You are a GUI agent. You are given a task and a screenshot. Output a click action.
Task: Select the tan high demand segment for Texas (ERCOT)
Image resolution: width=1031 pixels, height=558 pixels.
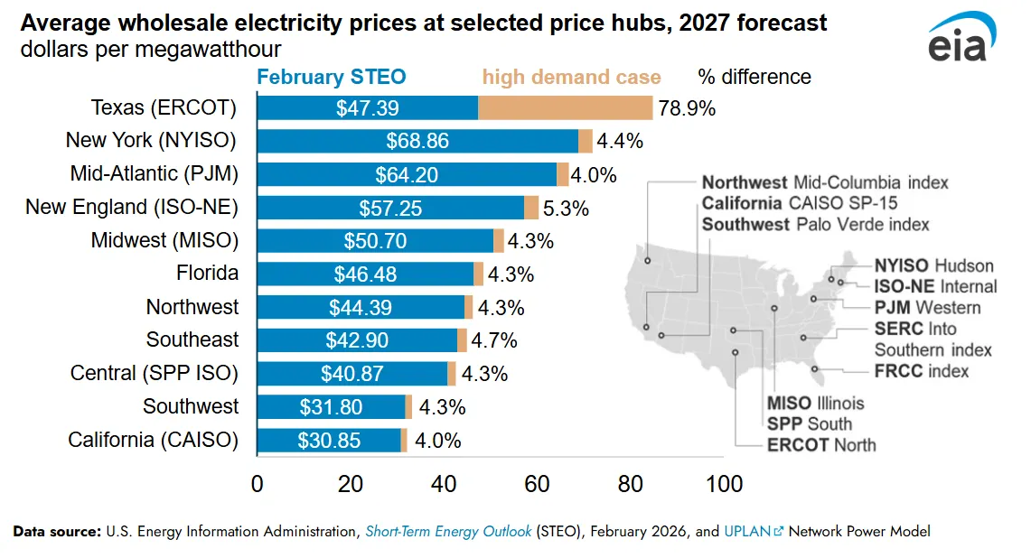565,108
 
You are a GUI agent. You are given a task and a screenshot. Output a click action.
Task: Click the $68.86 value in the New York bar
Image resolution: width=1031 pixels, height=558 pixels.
417,142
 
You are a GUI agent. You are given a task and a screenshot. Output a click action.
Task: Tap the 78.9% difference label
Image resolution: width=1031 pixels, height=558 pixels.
687,108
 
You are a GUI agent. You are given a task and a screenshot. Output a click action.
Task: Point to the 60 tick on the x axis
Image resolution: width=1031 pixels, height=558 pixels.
537,484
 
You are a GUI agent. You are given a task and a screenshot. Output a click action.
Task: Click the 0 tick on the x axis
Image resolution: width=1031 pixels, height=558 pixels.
258,484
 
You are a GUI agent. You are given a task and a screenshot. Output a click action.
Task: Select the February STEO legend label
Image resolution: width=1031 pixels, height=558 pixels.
332,77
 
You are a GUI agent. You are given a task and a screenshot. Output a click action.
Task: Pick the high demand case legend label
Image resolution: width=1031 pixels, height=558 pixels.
571,77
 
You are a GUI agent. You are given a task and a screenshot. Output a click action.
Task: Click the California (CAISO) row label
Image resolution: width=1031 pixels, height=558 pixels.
154,440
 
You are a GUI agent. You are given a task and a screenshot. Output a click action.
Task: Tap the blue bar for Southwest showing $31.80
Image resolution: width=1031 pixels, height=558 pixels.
331,407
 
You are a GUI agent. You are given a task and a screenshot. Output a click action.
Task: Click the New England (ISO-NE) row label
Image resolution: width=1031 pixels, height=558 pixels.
132,208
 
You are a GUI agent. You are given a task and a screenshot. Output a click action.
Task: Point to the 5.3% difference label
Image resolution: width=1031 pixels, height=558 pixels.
567,209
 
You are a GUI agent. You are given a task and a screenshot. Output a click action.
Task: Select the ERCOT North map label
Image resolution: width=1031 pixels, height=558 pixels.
821,444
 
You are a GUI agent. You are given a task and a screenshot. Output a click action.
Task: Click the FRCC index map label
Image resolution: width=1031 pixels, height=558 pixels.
921,371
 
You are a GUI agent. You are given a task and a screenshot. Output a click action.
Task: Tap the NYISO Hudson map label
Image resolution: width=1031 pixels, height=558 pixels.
933,265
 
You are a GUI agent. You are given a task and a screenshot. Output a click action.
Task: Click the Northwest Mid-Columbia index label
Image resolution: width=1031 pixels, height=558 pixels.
825,182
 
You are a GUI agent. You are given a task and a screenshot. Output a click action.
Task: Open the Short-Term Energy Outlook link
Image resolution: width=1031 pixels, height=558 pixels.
448,532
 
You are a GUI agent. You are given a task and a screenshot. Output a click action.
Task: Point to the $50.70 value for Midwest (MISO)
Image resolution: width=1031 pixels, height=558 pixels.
375,241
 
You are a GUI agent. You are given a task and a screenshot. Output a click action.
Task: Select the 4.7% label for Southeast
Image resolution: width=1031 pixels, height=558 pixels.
494,340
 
